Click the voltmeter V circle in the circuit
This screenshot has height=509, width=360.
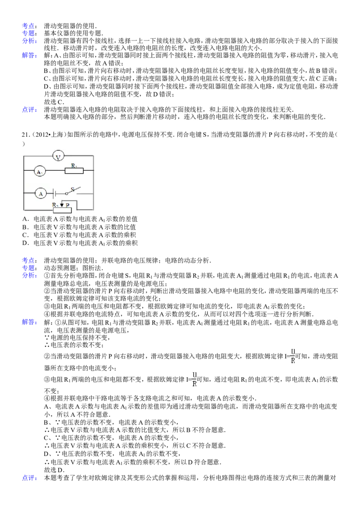click(x=58, y=157)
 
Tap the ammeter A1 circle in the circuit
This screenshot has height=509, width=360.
click(x=40, y=171)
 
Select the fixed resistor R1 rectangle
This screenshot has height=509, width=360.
click(x=74, y=170)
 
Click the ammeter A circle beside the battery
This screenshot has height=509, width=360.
click(x=41, y=194)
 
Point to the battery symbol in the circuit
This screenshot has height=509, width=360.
click(x=54, y=194)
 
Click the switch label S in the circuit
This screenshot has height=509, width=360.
click(x=72, y=189)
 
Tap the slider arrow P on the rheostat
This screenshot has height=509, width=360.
click(x=62, y=205)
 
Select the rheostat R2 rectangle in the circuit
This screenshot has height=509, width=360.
click(x=62, y=210)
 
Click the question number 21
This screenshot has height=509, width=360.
click(x=25, y=134)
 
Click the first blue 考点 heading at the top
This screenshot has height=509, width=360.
click(x=29, y=26)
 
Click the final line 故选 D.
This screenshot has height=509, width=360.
click(x=54, y=470)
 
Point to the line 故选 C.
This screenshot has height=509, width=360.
click(x=54, y=102)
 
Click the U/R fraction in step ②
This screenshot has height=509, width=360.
click(x=293, y=356)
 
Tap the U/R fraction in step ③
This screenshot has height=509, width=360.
click(x=194, y=379)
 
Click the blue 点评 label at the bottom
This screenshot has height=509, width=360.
click(x=29, y=478)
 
